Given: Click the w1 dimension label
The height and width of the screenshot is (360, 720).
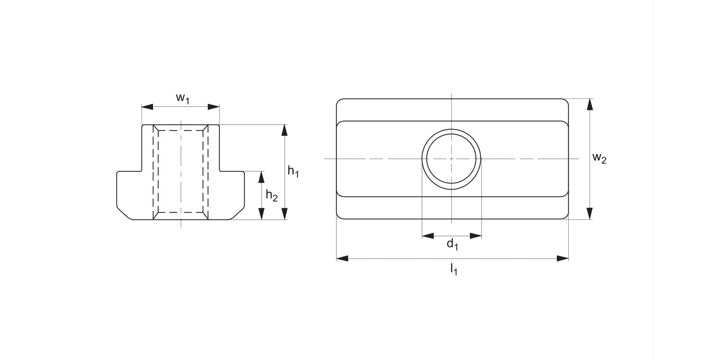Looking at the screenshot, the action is point(182,98).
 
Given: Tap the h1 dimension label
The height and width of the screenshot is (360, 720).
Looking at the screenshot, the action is point(293,171).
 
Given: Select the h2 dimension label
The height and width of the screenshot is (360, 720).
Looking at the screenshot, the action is point(272,195).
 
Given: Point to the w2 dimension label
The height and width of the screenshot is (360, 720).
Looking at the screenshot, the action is point(600,158).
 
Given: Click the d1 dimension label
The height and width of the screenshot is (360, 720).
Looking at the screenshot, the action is point(453,244).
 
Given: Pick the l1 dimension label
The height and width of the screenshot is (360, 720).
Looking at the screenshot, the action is point(454,269).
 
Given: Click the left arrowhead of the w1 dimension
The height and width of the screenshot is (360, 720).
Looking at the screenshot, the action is point(147,107).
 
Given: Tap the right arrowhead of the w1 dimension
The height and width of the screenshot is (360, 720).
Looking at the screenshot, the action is point(214,107).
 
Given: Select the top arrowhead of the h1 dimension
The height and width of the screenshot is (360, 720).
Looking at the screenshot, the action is point(284,130).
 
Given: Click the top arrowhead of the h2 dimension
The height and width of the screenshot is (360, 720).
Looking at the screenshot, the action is point(261,177).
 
